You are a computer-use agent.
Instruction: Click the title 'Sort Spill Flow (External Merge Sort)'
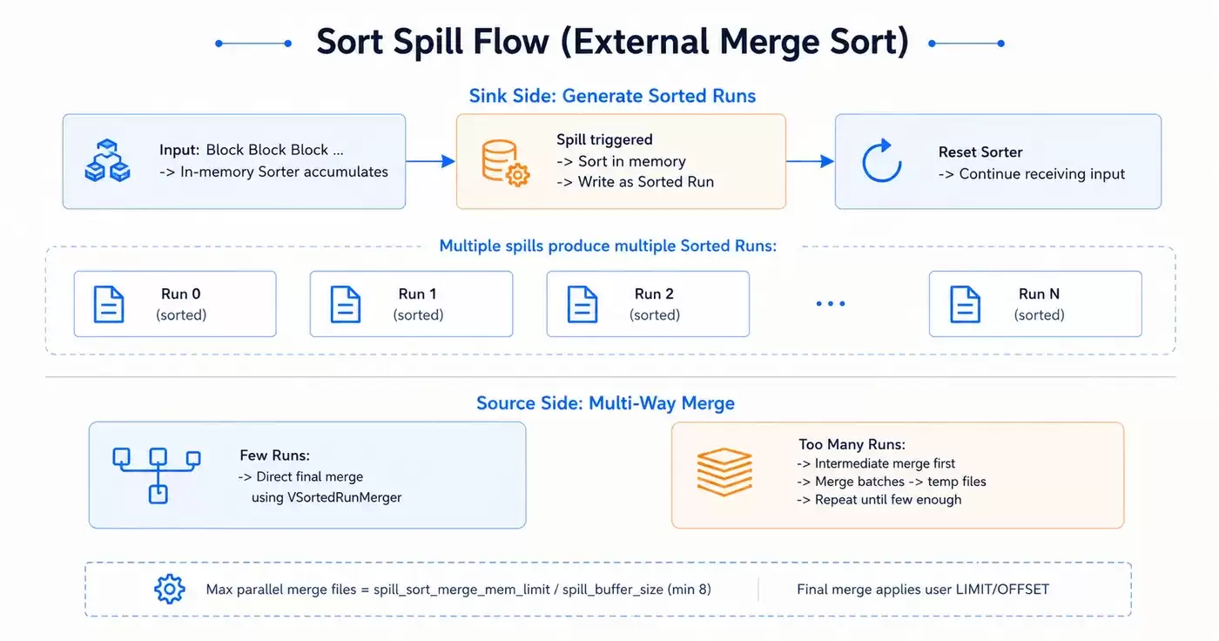612,42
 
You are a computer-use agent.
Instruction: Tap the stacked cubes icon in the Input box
107,160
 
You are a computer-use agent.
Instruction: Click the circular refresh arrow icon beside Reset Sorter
881,160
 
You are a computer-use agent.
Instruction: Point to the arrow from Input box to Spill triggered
430,161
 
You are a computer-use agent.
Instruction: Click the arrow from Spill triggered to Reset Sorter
811,161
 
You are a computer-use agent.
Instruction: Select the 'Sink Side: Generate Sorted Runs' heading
612,96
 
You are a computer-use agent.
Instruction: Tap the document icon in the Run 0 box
109,304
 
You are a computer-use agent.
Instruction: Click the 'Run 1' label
417,294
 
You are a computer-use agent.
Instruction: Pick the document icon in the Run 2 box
583,304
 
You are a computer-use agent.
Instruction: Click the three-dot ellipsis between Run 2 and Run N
831,304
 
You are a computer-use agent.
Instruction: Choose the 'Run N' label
1039,294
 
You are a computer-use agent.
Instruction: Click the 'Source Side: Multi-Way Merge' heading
605,403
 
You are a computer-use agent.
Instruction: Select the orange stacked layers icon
724,472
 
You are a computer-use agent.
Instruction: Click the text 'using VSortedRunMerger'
327,497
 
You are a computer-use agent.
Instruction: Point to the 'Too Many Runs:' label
852,444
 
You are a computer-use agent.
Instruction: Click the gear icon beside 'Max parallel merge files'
169,589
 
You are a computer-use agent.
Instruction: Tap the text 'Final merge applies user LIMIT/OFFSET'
923,590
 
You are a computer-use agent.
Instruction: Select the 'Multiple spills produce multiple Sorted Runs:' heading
608,246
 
